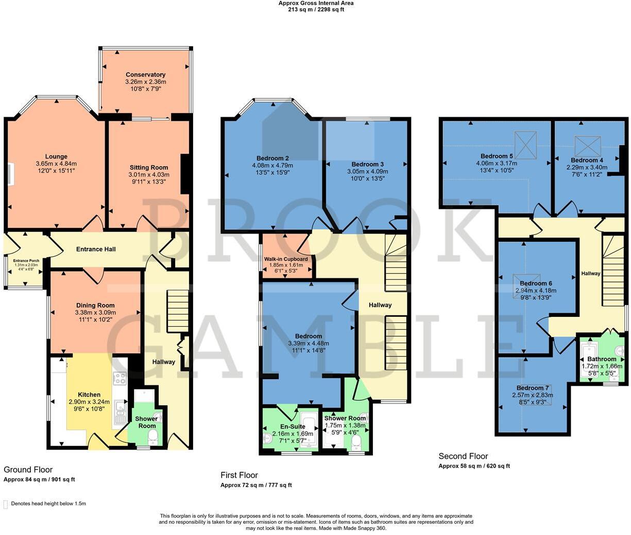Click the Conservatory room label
click(x=145, y=75)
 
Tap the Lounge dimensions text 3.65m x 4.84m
click(x=56, y=164)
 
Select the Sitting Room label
click(x=148, y=167)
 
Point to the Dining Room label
click(x=95, y=305)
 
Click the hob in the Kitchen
click(x=120, y=379)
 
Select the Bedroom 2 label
click(x=272, y=158)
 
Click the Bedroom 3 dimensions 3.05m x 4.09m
click(x=367, y=171)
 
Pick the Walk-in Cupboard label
click(x=286, y=259)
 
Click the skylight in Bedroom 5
click(x=526, y=145)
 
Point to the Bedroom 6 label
click(x=536, y=283)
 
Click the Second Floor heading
click(x=463, y=456)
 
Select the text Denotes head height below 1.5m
click(x=48, y=504)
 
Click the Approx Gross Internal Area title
click(x=316, y=3)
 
